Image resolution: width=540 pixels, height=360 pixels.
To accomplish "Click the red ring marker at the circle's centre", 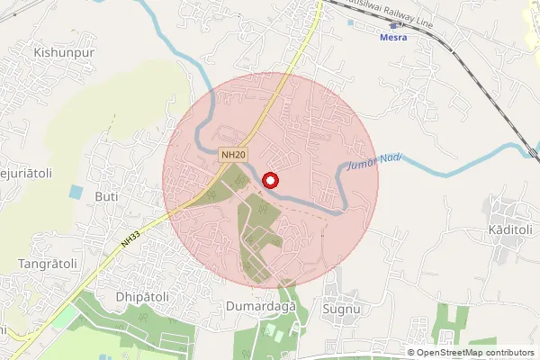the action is click(x=270, y=180).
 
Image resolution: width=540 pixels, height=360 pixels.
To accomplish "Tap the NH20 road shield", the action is click(x=232, y=155).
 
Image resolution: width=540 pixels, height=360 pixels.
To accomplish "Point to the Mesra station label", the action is click(x=392, y=38).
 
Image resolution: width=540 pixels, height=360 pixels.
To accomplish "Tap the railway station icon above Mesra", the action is click(x=393, y=26).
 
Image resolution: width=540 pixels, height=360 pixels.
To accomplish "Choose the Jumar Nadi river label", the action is click(x=373, y=163).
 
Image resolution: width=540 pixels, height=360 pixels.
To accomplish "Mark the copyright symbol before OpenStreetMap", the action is click(x=411, y=352).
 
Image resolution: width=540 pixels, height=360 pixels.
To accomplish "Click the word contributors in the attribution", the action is click(x=508, y=352).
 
